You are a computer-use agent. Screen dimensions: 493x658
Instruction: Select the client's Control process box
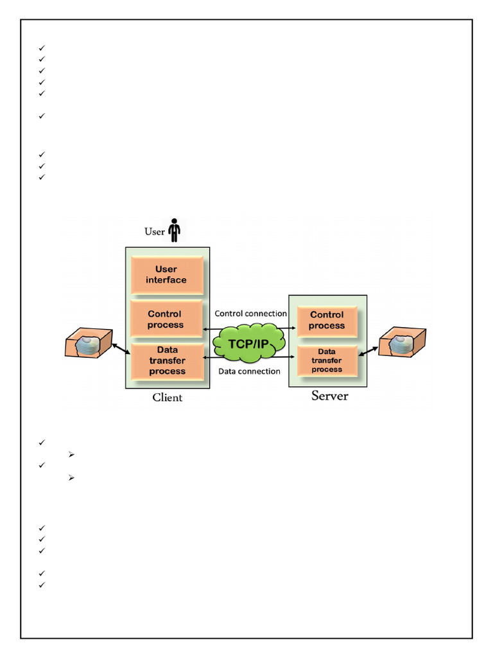click(166, 319)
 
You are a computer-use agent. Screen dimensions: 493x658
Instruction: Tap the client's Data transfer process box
click(168, 361)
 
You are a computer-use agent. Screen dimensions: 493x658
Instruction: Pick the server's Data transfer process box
click(327, 361)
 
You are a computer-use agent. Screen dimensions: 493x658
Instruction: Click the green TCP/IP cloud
click(249, 343)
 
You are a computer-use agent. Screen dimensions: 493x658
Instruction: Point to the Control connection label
click(251, 314)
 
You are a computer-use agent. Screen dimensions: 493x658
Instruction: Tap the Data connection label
click(250, 371)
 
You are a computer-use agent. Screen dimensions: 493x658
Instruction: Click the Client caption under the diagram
click(168, 397)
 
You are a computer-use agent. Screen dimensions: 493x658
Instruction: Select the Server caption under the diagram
click(329, 396)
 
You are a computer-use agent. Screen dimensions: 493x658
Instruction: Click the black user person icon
click(175, 230)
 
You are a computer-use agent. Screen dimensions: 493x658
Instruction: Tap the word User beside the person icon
click(155, 231)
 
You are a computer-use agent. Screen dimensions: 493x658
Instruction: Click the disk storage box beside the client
click(89, 343)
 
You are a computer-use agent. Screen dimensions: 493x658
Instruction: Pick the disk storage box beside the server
click(402, 342)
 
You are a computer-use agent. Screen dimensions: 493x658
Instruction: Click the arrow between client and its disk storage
click(121, 348)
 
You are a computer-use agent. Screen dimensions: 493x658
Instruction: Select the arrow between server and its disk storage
click(368, 351)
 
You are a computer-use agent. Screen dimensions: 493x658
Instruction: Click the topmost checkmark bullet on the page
click(42, 48)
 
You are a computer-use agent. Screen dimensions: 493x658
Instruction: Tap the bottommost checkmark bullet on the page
click(42, 585)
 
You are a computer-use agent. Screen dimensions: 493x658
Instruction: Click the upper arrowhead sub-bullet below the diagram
click(71, 454)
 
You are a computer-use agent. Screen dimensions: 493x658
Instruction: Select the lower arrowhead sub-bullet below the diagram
click(71, 477)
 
